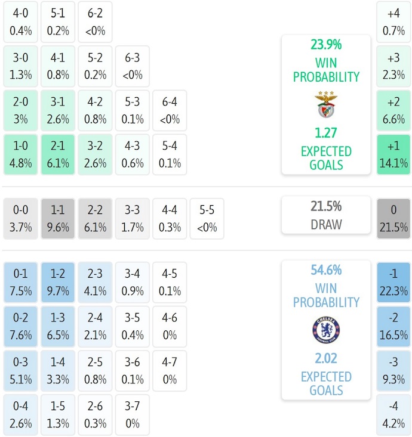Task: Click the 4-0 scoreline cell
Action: coord(20,21)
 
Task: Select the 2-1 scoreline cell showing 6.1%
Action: coord(57,154)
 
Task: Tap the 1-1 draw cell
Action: coord(57,219)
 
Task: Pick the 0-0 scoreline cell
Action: coord(20,219)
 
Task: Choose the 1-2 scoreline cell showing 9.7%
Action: coord(57,283)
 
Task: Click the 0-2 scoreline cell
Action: coord(20,327)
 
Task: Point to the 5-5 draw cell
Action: coord(207,219)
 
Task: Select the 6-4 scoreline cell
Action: coord(170,110)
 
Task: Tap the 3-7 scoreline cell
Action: coord(133,415)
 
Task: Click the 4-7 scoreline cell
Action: coord(170,371)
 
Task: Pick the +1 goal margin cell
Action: coord(393,154)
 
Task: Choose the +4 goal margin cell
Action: coord(393,21)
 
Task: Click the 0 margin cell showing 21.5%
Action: coord(393,219)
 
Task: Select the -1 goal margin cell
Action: coord(393,283)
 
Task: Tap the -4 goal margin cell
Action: coord(393,415)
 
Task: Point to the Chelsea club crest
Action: coord(326,330)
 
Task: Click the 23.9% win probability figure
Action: coord(326,45)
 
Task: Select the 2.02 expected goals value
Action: coord(326,359)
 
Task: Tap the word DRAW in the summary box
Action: coord(326,225)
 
